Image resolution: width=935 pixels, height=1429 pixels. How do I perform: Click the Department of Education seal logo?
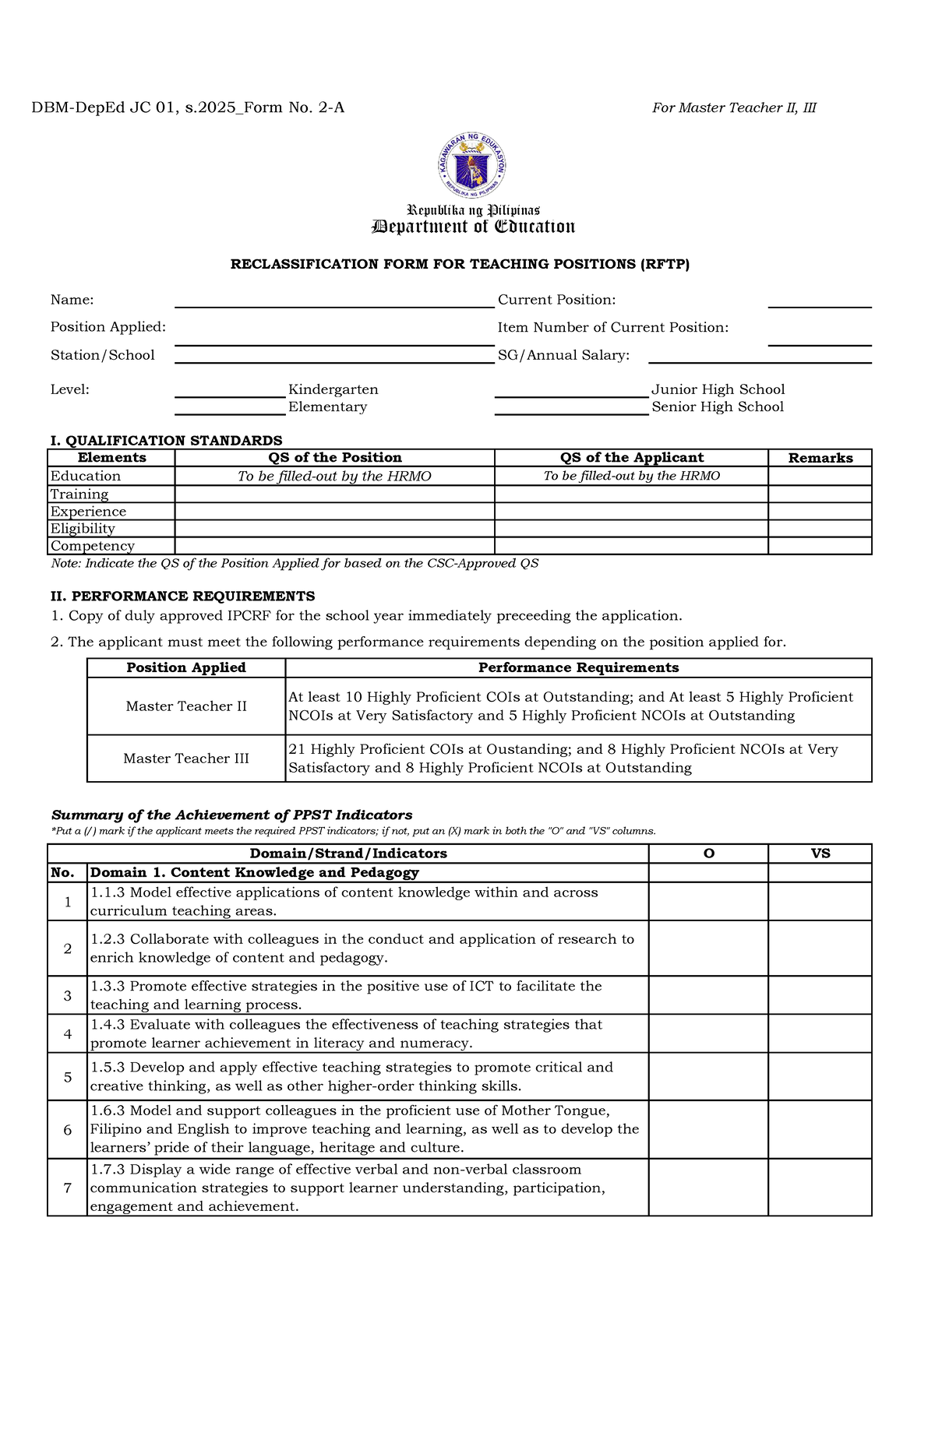coord(471,164)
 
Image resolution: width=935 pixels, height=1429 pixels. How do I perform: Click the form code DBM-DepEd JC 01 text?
coord(187,107)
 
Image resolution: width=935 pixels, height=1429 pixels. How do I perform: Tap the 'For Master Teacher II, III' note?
coord(733,107)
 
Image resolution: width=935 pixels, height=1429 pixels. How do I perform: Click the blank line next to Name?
coord(334,301)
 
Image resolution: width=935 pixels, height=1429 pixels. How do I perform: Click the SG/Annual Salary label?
coord(563,355)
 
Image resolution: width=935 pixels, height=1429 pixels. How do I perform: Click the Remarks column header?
coord(820,458)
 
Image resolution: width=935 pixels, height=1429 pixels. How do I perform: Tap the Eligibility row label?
coord(83,529)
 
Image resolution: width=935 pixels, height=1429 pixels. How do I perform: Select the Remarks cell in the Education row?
coord(820,476)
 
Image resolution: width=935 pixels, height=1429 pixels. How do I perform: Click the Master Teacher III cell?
coord(186,758)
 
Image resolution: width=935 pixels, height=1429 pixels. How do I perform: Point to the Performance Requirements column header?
coord(578,667)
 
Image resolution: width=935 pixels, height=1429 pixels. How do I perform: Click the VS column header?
coord(820,854)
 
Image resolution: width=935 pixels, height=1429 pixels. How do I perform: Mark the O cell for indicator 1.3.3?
coord(708,995)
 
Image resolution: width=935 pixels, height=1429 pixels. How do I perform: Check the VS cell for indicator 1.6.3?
coord(820,1129)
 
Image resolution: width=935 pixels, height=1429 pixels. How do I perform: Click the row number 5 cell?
coord(68,1077)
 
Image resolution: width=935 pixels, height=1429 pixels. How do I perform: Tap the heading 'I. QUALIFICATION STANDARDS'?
coord(166,441)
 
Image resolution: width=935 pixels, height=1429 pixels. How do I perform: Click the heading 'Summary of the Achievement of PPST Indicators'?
coord(231,815)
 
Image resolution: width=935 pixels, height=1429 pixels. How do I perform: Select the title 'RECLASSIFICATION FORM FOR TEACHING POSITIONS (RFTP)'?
coord(460,264)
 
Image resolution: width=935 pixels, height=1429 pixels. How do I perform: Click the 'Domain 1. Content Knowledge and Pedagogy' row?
coord(255,873)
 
